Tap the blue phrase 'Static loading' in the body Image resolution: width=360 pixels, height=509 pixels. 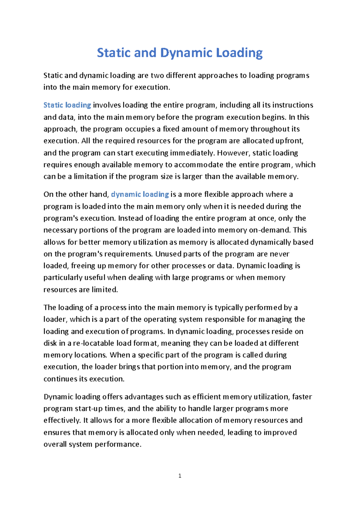[x=67, y=105]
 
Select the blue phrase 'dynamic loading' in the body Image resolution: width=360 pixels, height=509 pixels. [x=140, y=194]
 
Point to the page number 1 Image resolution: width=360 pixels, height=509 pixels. [x=180, y=476]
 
